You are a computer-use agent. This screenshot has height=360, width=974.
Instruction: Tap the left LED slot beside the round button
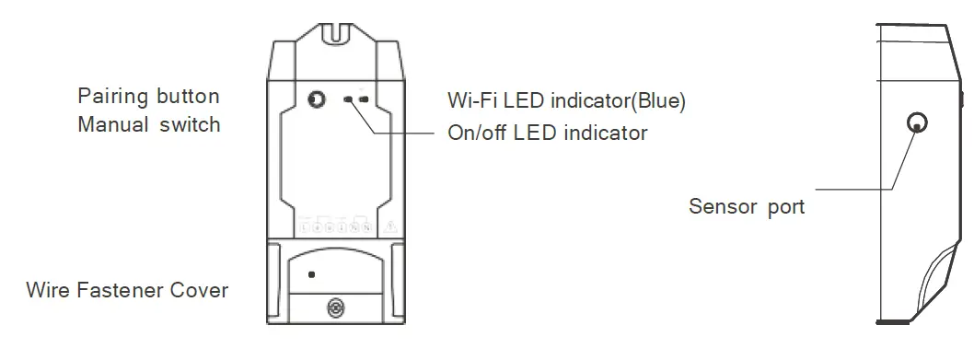click(349, 99)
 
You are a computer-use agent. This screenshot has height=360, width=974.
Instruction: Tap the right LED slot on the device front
click(365, 99)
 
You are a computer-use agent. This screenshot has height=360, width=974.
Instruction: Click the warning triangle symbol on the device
click(390, 225)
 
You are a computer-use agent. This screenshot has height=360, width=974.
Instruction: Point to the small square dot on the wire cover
click(311, 274)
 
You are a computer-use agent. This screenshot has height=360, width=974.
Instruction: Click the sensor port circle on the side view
click(917, 122)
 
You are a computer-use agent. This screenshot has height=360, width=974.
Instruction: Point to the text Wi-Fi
click(469, 99)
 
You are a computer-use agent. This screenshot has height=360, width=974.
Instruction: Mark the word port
click(786, 207)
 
